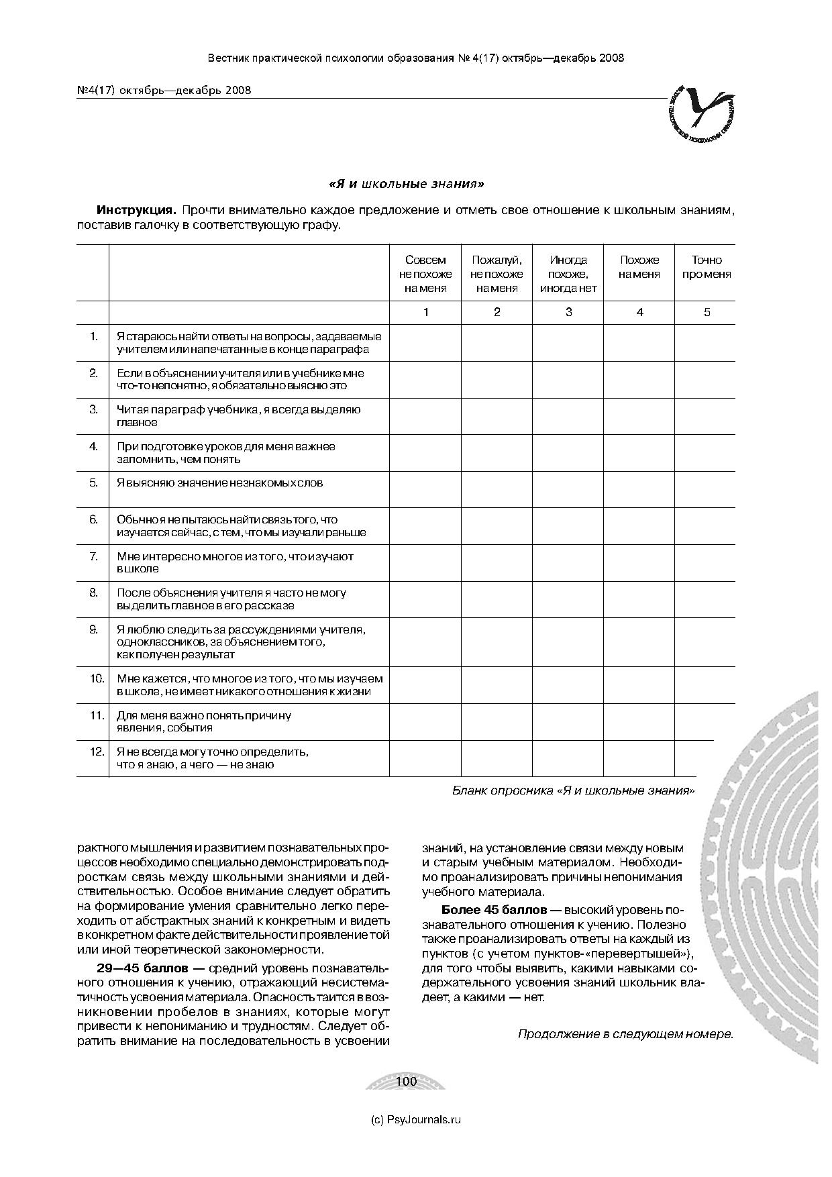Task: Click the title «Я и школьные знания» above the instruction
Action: [x=406, y=183]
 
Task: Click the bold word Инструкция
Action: [x=136, y=210]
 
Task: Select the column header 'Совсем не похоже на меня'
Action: [x=425, y=274]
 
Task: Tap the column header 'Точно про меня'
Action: [x=706, y=267]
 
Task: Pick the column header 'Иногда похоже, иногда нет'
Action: [x=568, y=274]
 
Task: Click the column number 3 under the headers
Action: [x=568, y=312]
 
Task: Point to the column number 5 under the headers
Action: [x=706, y=312]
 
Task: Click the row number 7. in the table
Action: [x=93, y=556]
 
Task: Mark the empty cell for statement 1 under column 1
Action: [x=425, y=343]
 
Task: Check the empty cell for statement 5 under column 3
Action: [x=568, y=490]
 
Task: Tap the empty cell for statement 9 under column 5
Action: [x=705, y=642]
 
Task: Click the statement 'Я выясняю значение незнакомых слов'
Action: [x=219, y=483]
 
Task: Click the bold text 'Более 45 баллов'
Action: [x=501, y=911]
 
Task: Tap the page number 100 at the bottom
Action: [x=407, y=1081]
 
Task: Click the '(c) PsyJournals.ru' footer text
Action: [x=416, y=1119]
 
